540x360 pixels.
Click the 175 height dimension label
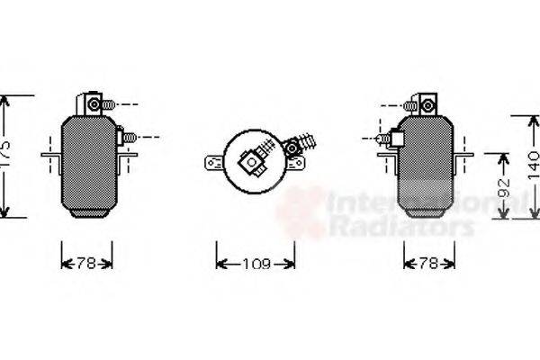[6, 157]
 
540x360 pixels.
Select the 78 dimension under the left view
[87, 264]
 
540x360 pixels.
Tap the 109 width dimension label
[256, 264]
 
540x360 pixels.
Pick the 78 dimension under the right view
[428, 264]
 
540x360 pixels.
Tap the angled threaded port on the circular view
[299, 144]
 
